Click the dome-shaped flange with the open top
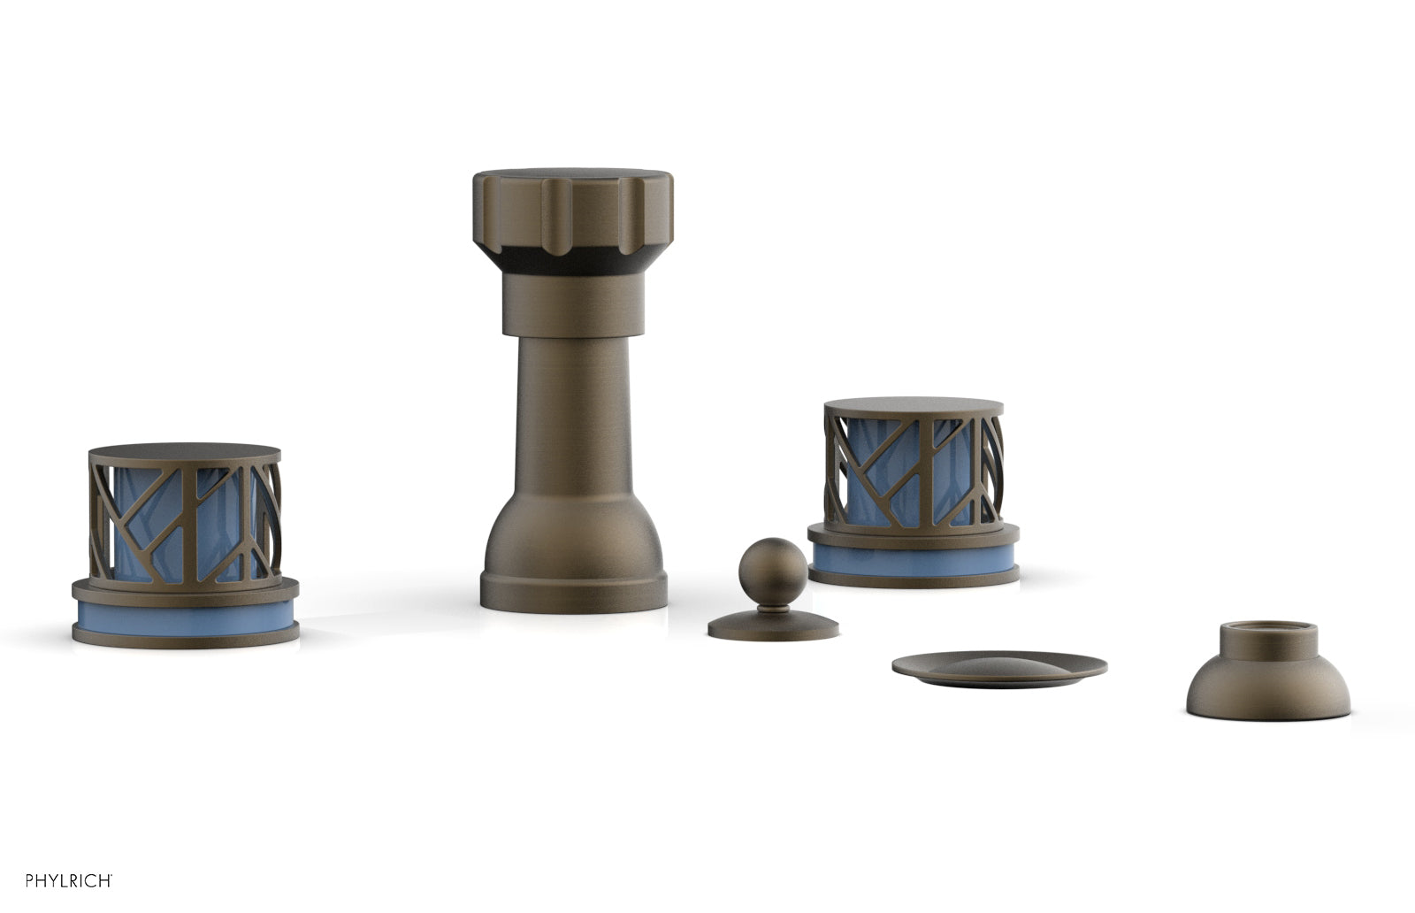[x=1268, y=680]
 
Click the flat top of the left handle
[x=185, y=452]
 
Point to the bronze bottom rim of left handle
[x=185, y=639]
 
